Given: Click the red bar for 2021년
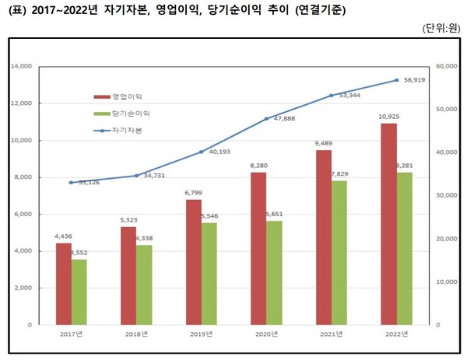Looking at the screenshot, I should tap(324, 237).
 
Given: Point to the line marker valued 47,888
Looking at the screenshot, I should tap(266, 119).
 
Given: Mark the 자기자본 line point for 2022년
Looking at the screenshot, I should tap(397, 80).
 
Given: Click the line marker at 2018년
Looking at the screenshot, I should tap(136, 176).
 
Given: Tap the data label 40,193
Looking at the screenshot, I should tap(220, 152).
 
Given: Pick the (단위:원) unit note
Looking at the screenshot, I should tap(442, 29).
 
